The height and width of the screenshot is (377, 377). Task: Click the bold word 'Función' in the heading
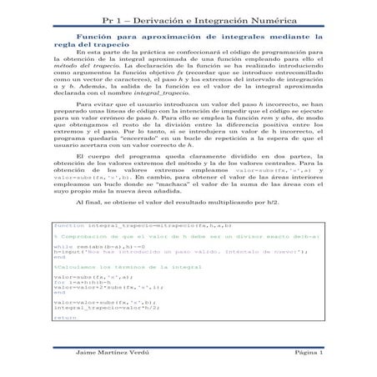click(x=96, y=38)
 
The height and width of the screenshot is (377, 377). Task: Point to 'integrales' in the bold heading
click(x=254, y=38)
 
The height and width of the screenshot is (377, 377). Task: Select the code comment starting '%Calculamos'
click(x=104, y=267)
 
